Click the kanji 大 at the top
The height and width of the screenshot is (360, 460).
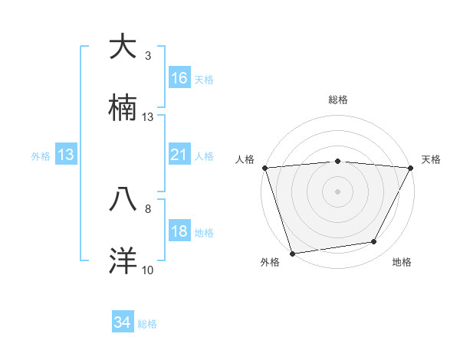click(x=123, y=47)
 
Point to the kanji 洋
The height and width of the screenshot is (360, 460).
click(x=123, y=260)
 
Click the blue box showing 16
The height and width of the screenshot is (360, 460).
click(x=179, y=78)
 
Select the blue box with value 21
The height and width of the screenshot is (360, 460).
click(x=179, y=155)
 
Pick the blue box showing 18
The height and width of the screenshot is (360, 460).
click(x=179, y=231)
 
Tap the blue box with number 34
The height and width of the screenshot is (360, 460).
click(x=123, y=322)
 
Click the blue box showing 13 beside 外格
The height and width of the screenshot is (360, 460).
click(x=66, y=155)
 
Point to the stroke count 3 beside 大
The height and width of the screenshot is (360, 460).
click(x=148, y=56)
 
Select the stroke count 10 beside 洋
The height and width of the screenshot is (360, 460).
click(x=148, y=270)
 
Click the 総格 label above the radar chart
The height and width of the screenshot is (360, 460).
click(x=337, y=100)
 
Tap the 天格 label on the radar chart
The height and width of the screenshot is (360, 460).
click(x=431, y=159)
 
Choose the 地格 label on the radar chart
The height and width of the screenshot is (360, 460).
click(x=402, y=263)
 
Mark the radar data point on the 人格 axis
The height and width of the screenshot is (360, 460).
click(x=264, y=168)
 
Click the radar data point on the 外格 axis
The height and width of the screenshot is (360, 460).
click(x=292, y=253)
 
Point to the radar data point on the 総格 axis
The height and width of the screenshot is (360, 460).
click(x=337, y=161)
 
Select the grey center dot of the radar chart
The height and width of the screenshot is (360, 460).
click(x=337, y=191)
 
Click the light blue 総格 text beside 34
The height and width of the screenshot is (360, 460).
click(x=147, y=324)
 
